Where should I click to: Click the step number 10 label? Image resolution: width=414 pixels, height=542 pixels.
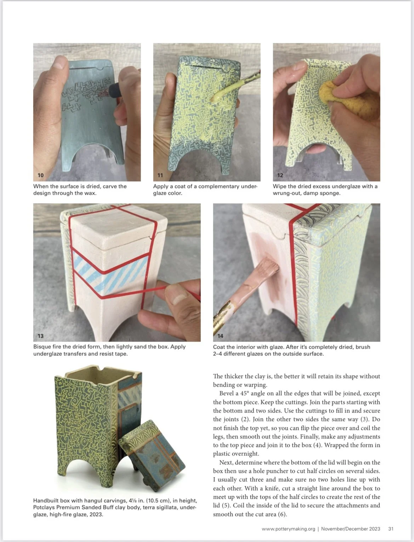tap(41, 175)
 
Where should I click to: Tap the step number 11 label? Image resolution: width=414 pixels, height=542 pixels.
tap(160, 175)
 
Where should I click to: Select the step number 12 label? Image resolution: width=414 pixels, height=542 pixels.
tap(280, 175)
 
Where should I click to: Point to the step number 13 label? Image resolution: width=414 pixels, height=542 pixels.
tap(41, 336)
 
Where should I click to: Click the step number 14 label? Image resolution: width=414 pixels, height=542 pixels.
tap(221, 336)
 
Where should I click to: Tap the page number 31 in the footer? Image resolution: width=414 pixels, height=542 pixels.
tap(391, 529)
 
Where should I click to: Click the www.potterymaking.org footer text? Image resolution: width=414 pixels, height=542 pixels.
tap(288, 529)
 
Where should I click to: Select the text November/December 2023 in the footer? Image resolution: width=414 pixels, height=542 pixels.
tap(351, 529)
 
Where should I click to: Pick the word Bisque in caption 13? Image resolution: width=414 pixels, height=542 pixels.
tap(42, 347)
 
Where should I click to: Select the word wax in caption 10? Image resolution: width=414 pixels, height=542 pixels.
tap(90, 193)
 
